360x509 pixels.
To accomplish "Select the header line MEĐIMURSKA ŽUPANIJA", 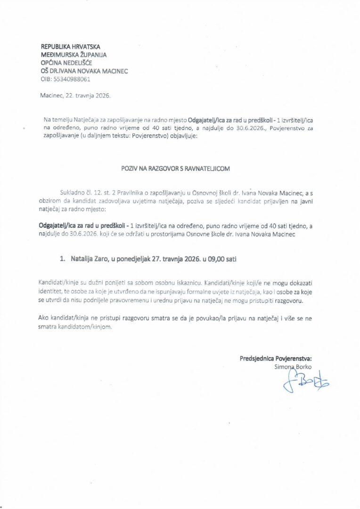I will click(x=74, y=55).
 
